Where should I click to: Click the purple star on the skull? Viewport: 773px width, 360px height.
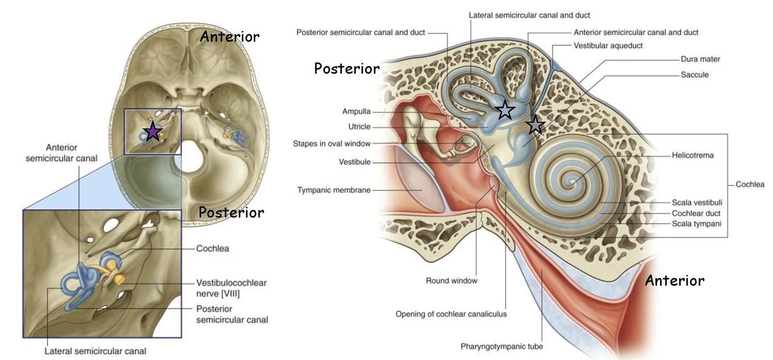tap(152, 132)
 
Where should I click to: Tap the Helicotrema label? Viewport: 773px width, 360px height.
tap(692, 155)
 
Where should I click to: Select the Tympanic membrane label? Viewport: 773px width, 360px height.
tap(334, 190)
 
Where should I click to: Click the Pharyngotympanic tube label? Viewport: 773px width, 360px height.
tap(502, 347)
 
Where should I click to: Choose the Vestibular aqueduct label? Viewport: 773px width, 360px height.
tap(608, 45)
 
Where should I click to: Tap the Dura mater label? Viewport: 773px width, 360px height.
tap(701, 59)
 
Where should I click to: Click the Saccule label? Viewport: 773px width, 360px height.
tap(695, 75)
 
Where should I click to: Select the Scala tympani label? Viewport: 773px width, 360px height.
tap(697, 224)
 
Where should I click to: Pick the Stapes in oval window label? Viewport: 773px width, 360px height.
tap(331, 143)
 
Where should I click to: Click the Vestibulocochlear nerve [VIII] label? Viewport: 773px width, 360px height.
tap(231, 288)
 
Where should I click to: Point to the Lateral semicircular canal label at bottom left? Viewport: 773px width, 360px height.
tap(96, 350)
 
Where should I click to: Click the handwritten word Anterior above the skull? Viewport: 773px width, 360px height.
tap(229, 37)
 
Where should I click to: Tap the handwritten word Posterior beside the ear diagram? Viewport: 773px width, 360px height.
tap(347, 68)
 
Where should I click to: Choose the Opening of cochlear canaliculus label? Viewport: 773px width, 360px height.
tap(451, 314)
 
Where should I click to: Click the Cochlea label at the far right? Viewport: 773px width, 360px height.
tap(750, 184)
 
